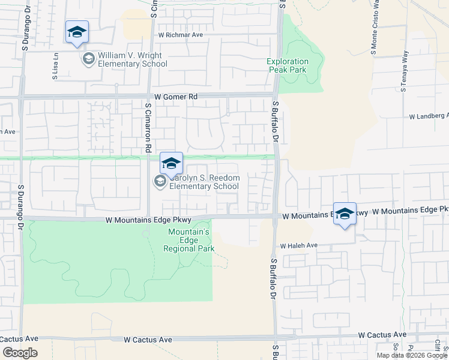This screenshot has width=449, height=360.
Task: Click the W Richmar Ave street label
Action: pyautogui.click(x=181, y=35)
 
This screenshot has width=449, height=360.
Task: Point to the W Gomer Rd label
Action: pyautogui.click(x=175, y=96)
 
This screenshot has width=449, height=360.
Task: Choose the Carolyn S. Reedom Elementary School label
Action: pyautogui.click(x=204, y=182)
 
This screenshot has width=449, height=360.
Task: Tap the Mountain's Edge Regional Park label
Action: pyautogui.click(x=188, y=240)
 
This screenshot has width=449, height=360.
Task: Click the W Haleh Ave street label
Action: pyautogui.click(x=298, y=245)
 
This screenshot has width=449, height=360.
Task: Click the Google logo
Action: pyautogui.click(x=20, y=353)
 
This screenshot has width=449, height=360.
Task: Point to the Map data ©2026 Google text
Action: pyautogui.click(x=412, y=355)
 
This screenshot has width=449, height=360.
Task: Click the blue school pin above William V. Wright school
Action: pyautogui.click(x=77, y=32)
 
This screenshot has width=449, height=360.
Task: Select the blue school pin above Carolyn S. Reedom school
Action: pyautogui.click(x=171, y=163)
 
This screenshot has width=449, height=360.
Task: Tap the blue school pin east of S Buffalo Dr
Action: pyautogui.click(x=345, y=214)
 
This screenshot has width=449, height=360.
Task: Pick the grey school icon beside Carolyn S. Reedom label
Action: pyautogui.click(x=160, y=181)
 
